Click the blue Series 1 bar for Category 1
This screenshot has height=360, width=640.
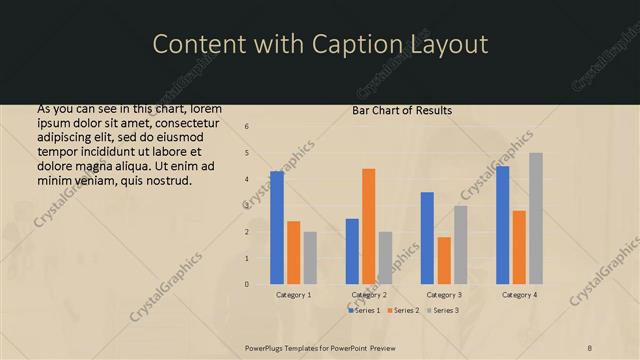pos(277,228)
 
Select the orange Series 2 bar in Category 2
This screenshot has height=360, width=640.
pos(369,226)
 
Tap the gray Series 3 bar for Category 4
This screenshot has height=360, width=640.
pos(536,218)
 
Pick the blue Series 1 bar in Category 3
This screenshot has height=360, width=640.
pos(427,238)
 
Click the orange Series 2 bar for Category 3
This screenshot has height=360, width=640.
pos(444,260)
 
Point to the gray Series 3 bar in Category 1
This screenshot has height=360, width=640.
pos(310,258)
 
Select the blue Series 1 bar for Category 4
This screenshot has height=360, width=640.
pos(502,225)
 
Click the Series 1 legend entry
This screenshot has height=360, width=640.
pos(365,311)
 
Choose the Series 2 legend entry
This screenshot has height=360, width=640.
pos(402,311)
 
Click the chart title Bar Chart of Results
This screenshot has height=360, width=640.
pos(402,110)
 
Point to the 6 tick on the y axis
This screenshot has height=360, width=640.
pos(247,127)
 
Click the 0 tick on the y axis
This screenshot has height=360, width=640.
pos(247,284)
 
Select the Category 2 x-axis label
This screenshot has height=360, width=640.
pos(369,295)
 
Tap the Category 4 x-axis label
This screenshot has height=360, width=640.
pos(519,295)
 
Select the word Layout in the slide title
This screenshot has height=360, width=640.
pos(448,44)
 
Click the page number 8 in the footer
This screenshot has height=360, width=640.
pos(590,348)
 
